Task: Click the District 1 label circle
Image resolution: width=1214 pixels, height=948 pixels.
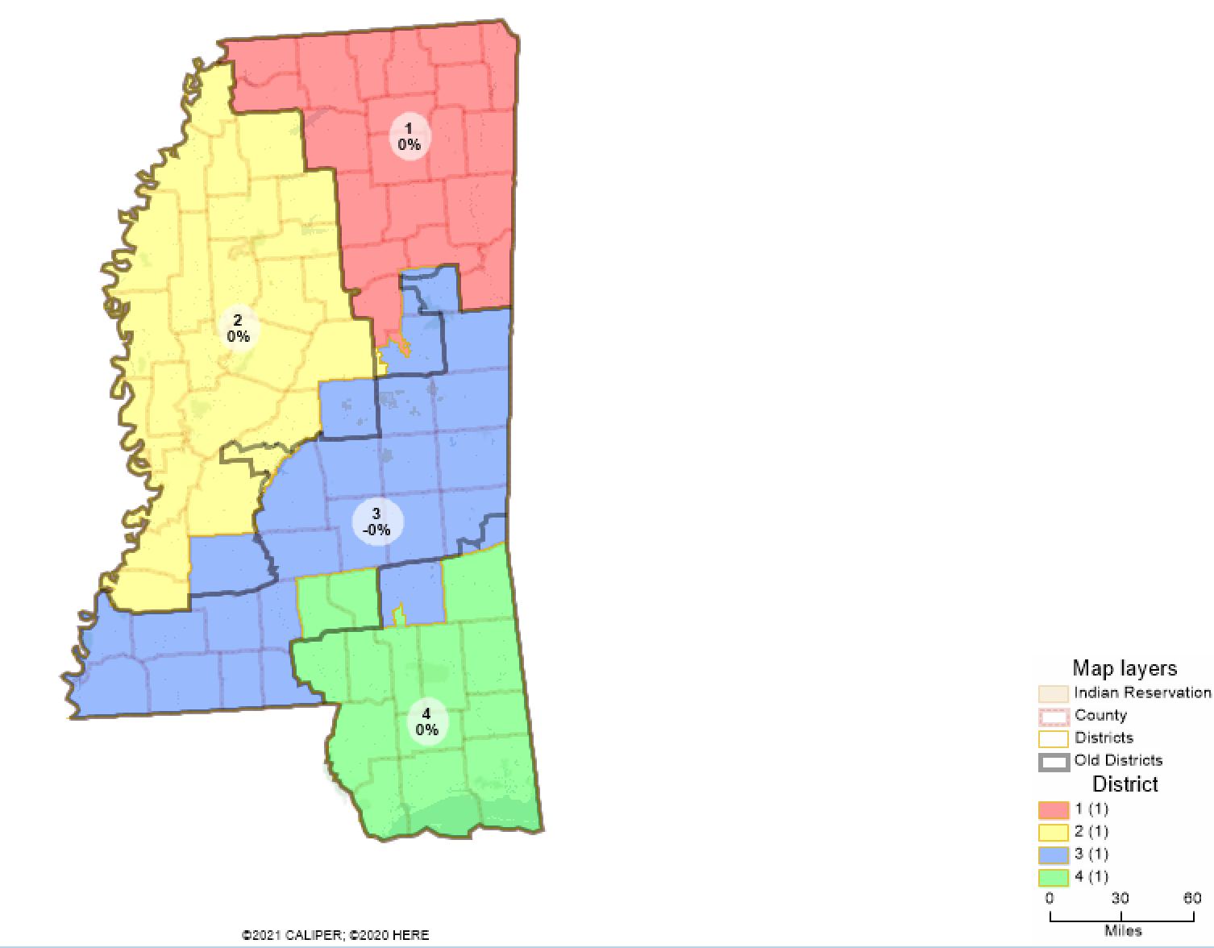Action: point(409,136)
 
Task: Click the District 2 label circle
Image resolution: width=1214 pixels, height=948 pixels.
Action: point(238,328)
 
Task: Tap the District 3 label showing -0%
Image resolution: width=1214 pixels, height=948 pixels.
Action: point(376,522)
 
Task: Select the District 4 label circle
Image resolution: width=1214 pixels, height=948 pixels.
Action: point(426,721)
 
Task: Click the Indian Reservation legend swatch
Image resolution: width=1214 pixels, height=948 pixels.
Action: point(1054,693)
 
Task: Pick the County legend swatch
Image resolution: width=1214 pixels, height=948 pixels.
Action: point(1054,716)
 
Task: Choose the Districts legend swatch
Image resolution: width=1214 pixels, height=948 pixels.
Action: point(1054,738)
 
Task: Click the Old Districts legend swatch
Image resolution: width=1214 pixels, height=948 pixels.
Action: point(1054,761)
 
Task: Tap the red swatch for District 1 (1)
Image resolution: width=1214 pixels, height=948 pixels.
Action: point(1054,809)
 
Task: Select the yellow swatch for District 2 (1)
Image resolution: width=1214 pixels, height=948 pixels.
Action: point(1054,832)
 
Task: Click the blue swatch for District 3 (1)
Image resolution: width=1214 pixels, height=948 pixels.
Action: point(1054,854)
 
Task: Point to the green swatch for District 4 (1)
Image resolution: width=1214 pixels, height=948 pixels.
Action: point(1054,877)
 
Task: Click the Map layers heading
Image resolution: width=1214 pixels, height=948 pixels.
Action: point(1125,668)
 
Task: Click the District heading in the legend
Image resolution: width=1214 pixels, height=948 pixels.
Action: point(1125,784)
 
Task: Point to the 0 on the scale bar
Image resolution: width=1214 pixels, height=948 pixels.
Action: point(1050,898)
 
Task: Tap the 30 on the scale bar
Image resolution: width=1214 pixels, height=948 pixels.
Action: point(1120,898)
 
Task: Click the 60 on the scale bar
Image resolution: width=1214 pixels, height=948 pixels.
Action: point(1191,898)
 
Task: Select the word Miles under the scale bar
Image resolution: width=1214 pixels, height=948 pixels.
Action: point(1123,931)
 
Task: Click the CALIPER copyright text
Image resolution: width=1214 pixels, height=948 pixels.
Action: point(335,935)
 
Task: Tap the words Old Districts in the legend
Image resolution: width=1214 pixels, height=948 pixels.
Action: point(1118,760)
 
